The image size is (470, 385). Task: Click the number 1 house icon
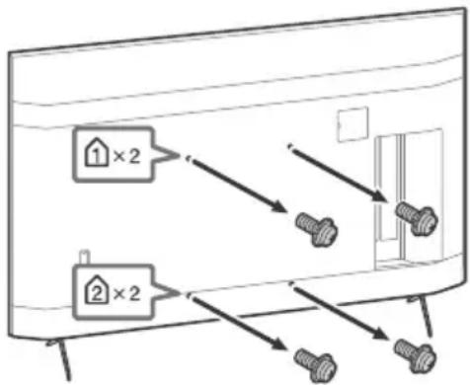pos(97,155)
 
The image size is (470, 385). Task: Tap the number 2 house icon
pos(97,292)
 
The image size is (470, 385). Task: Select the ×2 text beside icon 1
pos(126,156)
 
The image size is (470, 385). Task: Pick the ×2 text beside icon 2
pos(126,293)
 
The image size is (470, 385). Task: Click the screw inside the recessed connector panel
pos(417,218)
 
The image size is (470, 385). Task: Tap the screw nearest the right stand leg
pos(416,356)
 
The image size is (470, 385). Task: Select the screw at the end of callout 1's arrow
pos(317,229)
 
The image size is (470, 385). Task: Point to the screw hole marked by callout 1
pos(189,159)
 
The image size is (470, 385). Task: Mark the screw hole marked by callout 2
pos(189,297)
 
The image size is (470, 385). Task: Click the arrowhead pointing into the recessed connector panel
pos(379,195)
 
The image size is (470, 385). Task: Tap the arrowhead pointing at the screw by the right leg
pos(379,333)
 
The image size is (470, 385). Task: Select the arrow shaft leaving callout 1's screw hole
pos(236,185)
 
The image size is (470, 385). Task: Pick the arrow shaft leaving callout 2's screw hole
pos(236,323)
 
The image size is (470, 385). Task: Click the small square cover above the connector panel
pos(352,124)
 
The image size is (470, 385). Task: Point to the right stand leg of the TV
pos(424,315)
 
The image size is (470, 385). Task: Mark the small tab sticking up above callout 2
pos(85,257)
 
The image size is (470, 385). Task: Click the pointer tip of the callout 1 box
pos(180,155)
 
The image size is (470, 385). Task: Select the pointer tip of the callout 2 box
pos(180,292)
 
